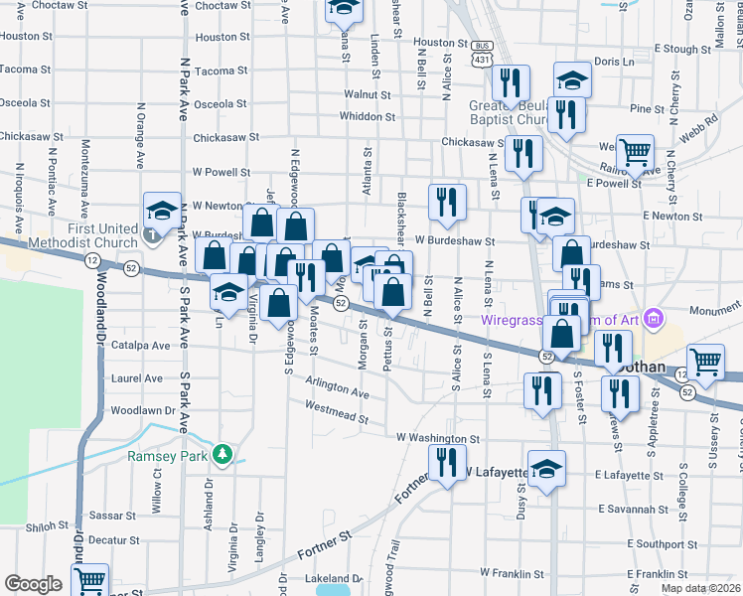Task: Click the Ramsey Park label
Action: pos(165,457)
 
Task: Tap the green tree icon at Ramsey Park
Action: pos(224,455)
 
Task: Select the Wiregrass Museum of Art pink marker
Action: pos(654,319)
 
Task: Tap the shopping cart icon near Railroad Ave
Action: pos(635,153)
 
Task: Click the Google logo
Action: pos(32,584)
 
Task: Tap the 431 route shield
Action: pos(482,60)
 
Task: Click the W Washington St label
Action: pos(437,437)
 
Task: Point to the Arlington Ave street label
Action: pos(338,388)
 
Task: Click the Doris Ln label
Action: pos(613,62)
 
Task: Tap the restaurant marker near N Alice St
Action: pos(446,202)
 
